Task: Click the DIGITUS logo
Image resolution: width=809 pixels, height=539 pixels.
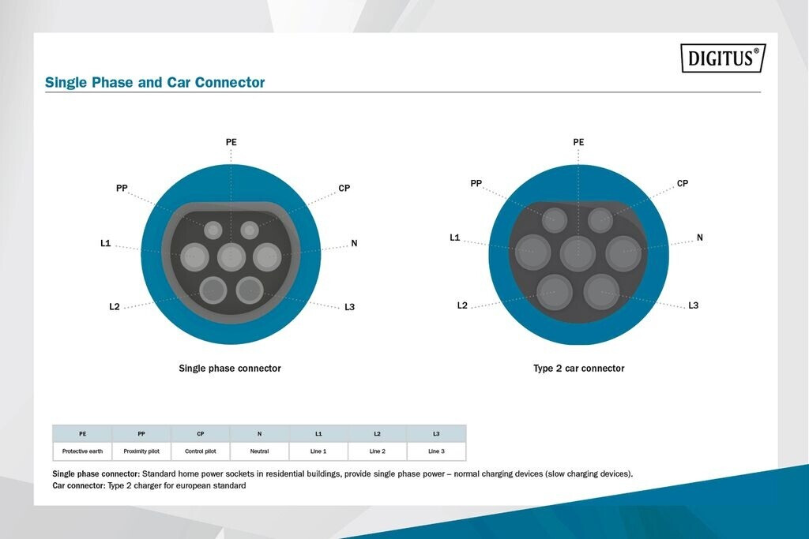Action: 723,58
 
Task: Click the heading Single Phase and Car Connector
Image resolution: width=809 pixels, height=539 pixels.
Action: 155,82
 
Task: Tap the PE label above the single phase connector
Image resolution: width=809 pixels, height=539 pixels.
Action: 231,142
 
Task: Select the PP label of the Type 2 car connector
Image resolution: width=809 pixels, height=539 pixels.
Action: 476,183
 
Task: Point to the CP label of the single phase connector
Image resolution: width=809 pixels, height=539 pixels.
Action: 344,188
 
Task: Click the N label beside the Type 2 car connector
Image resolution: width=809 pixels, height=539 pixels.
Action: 700,238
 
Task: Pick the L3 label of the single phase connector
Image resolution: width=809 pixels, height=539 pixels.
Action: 349,307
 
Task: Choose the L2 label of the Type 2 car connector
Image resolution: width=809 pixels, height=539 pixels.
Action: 462,305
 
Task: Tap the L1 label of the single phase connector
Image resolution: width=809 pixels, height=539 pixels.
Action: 105,243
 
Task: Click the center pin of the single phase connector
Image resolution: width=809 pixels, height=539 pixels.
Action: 231,256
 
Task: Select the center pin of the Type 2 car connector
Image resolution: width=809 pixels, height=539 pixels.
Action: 578,253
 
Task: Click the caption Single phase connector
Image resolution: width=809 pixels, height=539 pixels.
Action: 230,368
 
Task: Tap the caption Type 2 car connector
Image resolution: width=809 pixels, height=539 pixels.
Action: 579,368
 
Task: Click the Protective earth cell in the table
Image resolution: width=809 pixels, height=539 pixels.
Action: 82,451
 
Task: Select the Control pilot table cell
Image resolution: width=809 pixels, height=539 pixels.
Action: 201,451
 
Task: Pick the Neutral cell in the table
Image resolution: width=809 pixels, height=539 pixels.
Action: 259,451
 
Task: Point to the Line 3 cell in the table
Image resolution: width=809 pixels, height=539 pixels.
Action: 436,451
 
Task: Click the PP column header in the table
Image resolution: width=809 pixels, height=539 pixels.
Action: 141,434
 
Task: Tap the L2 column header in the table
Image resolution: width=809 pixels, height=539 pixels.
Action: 377,434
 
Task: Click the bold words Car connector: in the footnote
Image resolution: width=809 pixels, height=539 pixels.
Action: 79,485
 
